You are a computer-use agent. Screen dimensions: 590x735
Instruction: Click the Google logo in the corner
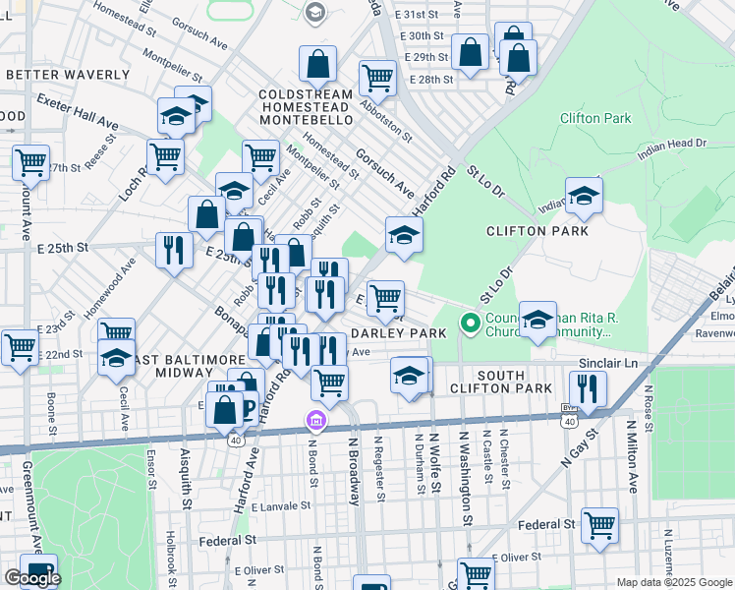click(x=32, y=578)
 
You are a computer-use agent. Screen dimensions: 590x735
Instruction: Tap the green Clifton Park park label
click(x=594, y=118)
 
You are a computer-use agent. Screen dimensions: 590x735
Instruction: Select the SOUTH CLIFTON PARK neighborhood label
click(x=529, y=383)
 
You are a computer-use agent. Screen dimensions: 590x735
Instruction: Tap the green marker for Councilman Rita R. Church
click(x=471, y=323)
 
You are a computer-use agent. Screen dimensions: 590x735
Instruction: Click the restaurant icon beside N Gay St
click(x=588, y=390)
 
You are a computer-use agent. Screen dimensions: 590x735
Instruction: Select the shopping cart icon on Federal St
click(x=599, y=525)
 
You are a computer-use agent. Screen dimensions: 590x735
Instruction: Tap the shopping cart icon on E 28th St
click(x=377, y=78)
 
